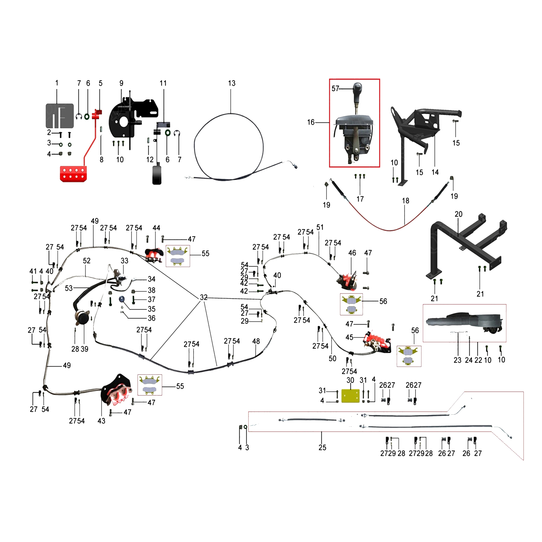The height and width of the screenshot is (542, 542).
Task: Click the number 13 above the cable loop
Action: coord(231,83)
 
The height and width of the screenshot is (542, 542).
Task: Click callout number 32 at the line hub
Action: coord(204,297)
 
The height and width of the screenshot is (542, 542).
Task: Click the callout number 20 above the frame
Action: coord(458,214)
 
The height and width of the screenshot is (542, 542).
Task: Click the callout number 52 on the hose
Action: coord(87,261)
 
